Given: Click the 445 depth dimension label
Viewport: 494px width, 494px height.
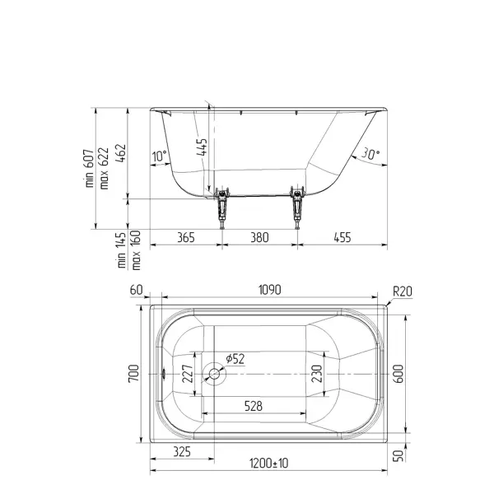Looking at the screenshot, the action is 202,147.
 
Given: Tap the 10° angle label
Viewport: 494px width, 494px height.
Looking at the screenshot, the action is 159,156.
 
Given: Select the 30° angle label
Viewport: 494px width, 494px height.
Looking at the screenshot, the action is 370,154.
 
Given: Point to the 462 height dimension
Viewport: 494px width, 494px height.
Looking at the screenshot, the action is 120,153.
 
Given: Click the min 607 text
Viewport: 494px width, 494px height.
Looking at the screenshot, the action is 90,168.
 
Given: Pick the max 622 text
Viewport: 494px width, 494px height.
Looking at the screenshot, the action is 104,168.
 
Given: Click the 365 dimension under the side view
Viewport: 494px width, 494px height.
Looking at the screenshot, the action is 186,238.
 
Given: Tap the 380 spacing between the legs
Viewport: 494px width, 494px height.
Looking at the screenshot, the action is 259,238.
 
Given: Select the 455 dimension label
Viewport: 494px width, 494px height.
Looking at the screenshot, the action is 343,238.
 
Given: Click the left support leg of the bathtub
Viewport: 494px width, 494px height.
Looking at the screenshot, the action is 222,207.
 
